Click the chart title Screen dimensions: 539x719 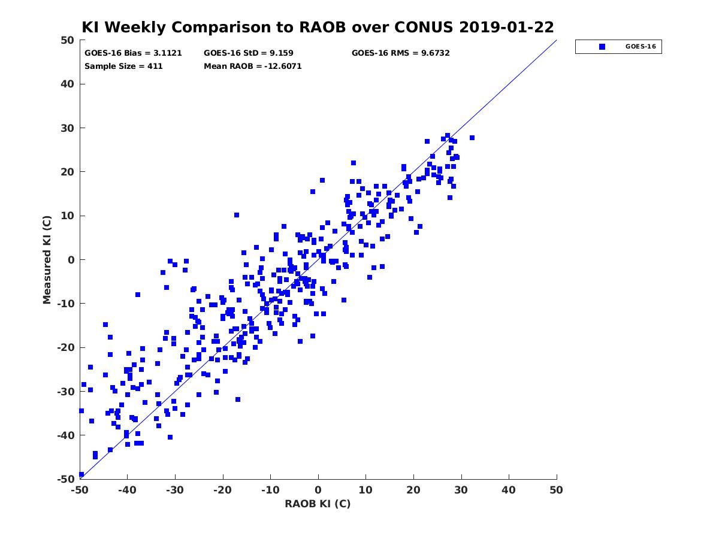coord(318,27)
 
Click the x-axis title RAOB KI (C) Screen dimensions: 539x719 coord(318,504)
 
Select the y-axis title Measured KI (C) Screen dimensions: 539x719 coord(47,260)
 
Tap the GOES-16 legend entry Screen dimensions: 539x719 coord(618,47)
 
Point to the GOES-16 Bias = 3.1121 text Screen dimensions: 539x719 coord(125,53)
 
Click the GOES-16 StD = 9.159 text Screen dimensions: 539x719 coord(249,53)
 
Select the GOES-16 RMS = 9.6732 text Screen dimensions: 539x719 coord(400,53)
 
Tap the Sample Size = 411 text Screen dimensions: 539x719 coord(123,66)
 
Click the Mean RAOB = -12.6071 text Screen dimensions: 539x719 coord(253,66)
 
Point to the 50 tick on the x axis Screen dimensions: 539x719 coord(557,490)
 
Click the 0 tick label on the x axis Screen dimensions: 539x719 coord(318,490)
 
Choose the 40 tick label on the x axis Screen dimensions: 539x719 coord(509,490)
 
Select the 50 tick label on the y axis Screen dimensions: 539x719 coord(68,40)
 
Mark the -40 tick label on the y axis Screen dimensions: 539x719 coord(65,435)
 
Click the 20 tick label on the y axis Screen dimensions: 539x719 coord(68,172)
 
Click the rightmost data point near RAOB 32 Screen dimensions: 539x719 coord(472,138)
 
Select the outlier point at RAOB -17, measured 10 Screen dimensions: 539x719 coord(237,215)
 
